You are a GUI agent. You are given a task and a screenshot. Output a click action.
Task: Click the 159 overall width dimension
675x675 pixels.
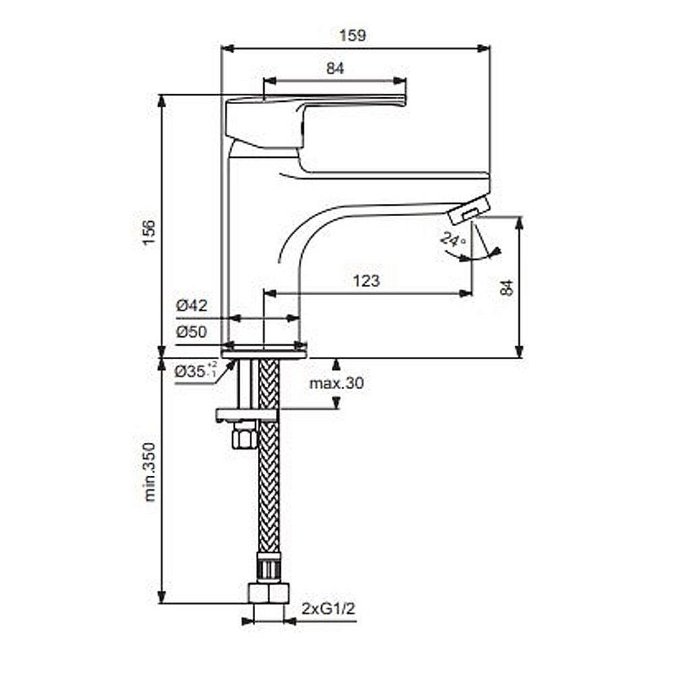pyautogui.click(x=352, y=35)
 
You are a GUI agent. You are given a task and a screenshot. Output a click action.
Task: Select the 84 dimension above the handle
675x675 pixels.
pyautogui.click(x=335, y=68)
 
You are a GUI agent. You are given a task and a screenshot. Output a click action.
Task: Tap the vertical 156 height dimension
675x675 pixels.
pyautogui.click(x=149, y=232)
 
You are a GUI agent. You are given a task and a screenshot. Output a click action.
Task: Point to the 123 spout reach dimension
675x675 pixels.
pyautogui.click(x=367, y=281)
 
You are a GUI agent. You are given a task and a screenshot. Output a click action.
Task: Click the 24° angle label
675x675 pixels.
pyautogui.click(x=453, y=238)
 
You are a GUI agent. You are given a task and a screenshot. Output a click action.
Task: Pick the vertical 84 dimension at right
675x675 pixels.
pyautogui.click(x=508, y=287)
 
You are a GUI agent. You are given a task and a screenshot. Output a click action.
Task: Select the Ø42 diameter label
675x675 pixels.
pyautogui.click(x=192, y=306)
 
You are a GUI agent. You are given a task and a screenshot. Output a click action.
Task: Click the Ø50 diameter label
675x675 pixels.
pyautogui.click(x=192, y=332)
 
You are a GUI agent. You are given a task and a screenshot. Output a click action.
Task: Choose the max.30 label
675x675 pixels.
pyautogui.click(x=336, y=383)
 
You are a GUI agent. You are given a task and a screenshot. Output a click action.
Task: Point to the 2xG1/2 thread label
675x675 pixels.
pyautogui.click(x=329, y=609)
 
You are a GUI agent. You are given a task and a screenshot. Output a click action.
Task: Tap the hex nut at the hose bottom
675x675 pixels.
pyautogui.click(x=268, y=594)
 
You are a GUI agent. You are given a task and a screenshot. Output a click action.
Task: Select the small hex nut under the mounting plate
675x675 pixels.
pyautogui.click(x=244, y=436)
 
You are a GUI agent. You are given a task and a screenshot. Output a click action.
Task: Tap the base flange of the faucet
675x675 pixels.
pyautogui.click(x=264, y=354)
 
